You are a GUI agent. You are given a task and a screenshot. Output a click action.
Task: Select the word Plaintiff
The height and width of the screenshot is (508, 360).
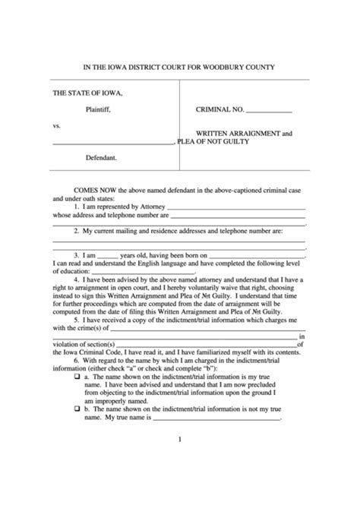point(100,109)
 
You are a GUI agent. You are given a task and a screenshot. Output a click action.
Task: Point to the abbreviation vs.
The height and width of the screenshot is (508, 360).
point(56,125)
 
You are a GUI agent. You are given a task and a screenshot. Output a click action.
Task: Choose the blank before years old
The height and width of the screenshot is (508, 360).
point(108,255)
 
